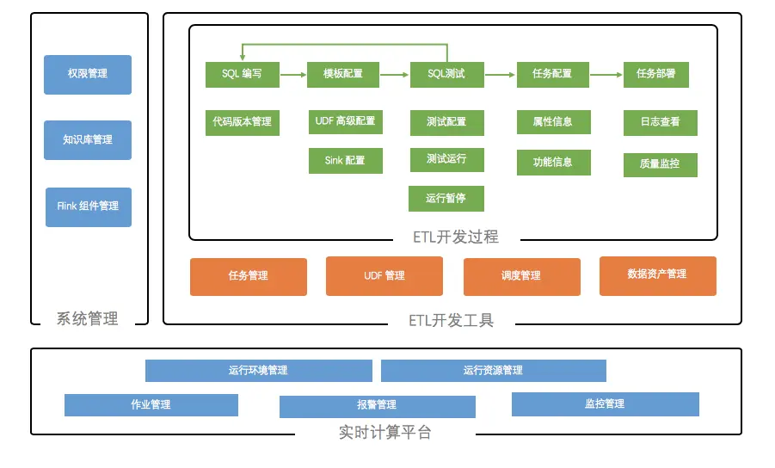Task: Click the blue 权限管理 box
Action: (x=88, y=75)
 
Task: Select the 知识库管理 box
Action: (x=88, y=140)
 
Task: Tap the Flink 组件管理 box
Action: (x=88, y=207)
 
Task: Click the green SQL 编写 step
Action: (x=242, y=75)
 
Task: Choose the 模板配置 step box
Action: (x=343, y=75)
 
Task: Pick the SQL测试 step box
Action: (x=446, y=75)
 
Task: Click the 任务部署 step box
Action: (x=655, y=75)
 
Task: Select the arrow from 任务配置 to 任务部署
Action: (x=606, y=75)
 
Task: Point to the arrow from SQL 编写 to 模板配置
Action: (x=293, y=75)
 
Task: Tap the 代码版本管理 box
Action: (x=242, y=122)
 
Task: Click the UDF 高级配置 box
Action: (x=345, y=122)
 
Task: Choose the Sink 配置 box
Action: (x=345, y=161)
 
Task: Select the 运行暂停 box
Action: (x=446, y=199)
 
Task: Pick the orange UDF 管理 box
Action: (x=384, y=276)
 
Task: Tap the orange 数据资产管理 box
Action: (x=657, y=275)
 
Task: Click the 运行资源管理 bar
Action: (x=493, y=371)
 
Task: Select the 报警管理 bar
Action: (x=377, y=406)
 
